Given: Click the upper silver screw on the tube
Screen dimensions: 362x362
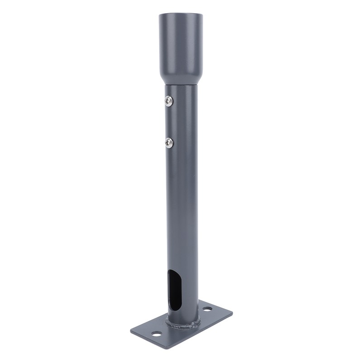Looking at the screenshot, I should tap(169, 101).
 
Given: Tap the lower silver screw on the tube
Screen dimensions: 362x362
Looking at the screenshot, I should tap(169, 143).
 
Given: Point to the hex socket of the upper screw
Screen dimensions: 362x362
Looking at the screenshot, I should tap(169, 102).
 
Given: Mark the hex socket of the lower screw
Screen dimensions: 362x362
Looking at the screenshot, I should tap(169, 143).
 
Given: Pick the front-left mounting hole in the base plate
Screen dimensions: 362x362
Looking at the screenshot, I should tap(156, 335).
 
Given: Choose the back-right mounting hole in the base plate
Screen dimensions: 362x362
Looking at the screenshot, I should tap(207, 310).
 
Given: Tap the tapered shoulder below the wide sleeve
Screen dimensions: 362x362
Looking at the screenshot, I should tap(181, 79).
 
